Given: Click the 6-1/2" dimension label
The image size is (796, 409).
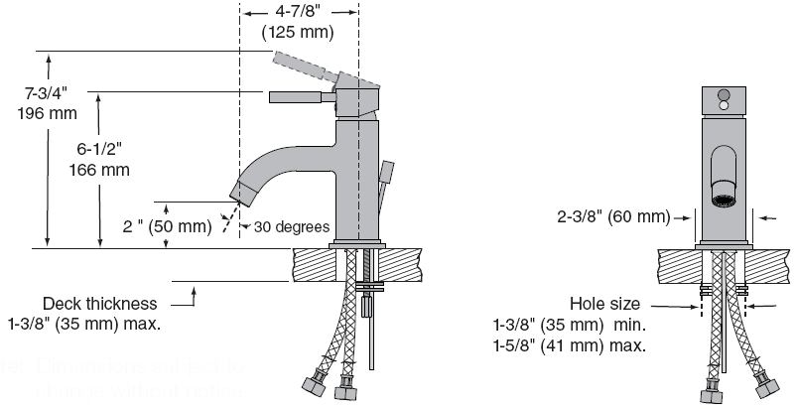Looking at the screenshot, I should click(100, 150).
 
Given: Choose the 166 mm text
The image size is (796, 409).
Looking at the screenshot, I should click(100, 169).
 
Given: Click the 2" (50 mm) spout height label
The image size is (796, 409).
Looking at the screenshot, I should click(167, 225).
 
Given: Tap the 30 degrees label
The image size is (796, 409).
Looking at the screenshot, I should click(291, 225).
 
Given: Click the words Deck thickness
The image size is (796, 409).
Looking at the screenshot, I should click(99, 303).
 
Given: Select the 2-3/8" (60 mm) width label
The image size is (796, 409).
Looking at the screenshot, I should click(612, 216).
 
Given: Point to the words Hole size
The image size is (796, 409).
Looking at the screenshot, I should click(604, 304).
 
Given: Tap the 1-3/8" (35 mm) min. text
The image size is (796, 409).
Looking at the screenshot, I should click(570, 325).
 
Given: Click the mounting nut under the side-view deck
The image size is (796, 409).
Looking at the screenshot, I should click(371, 289).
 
